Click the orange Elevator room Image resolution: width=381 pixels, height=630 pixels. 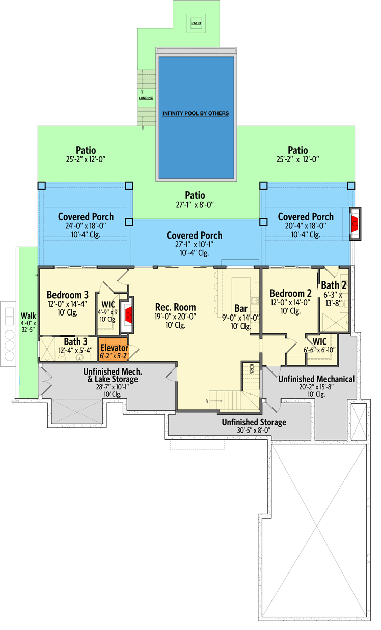point(114,350)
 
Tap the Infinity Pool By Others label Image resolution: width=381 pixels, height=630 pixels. point(196,113)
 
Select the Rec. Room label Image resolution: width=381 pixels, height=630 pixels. point(175,307)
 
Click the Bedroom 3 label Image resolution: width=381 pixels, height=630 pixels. point(68,295)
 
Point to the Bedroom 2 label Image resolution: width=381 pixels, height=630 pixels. point(290,293)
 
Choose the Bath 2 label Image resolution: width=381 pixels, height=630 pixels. point(334,285)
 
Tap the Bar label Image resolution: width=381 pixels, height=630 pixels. point(241,308)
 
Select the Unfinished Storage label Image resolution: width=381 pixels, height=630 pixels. point(254,422)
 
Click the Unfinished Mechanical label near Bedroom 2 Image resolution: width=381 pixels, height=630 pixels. point(316,379)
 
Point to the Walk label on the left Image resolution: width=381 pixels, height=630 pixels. point(28,315)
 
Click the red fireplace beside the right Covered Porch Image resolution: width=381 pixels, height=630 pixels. point(355,223)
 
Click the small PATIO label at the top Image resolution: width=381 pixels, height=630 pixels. point(196,23)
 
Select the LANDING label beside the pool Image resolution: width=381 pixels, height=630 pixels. point(146,98)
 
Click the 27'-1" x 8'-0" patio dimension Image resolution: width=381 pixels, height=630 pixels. point(195,205)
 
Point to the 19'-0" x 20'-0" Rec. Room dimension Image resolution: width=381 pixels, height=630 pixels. point(175,316)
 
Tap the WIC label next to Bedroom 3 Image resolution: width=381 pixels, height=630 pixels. point(108,304)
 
